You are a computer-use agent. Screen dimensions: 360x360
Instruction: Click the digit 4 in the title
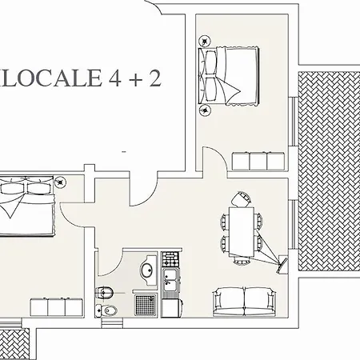point(115,78)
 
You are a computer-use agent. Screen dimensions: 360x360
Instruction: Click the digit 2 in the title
point(155,78)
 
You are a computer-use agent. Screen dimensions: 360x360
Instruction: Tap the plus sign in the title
point(135,79)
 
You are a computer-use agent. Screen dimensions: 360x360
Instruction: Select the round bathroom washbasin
point(147,270)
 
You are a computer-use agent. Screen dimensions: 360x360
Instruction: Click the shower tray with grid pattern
point(146,305)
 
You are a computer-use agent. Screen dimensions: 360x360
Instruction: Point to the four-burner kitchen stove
point(170,259)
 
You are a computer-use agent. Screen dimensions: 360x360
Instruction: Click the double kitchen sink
point(171,280)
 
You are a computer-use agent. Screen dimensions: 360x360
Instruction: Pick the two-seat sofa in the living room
point(244,302)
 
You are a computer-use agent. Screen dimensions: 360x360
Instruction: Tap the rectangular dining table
point(242,231)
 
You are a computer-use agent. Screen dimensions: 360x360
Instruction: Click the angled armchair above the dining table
point(242,199)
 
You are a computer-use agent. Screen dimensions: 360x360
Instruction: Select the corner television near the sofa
point(282,264)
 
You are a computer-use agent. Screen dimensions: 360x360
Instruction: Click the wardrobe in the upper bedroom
point(258,161)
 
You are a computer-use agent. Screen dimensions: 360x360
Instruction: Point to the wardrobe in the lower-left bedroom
point(57,307)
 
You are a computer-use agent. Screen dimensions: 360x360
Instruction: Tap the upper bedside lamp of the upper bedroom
point(205,42)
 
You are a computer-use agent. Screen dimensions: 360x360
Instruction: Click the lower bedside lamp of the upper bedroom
point(205,110)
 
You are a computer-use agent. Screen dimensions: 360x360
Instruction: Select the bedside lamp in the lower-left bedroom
point(60,182)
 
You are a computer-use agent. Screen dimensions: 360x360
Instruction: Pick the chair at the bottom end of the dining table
point(242,260)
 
